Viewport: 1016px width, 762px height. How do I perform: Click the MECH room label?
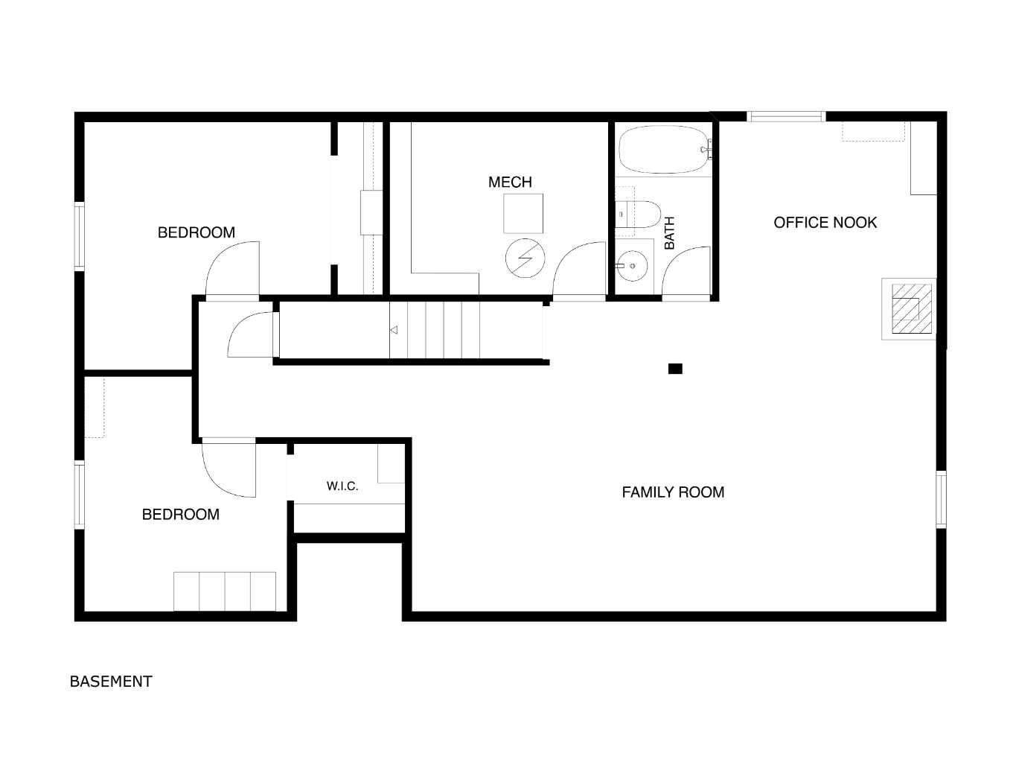point(510,182)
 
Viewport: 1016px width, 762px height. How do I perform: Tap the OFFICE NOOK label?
point(825,223)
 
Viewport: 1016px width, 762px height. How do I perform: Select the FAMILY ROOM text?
point(673,492)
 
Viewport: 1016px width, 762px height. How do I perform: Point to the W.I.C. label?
point(342,486)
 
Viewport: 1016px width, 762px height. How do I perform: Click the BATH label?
point(669,233)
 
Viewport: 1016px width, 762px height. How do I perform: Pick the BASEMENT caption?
point(111,682)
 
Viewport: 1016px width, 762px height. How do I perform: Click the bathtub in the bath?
point(664,150)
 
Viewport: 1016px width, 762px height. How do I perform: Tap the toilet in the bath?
point(637,215)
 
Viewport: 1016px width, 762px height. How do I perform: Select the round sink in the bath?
point(632,266)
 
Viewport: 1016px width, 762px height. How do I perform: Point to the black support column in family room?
point(675,369)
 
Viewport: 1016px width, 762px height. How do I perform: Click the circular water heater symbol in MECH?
point(525,258)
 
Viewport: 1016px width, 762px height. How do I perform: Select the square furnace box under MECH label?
point(523,214)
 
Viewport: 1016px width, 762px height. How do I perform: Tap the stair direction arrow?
point(394,330)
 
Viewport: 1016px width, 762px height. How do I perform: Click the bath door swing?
point(680,263)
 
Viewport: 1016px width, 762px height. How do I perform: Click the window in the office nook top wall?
point(786,116)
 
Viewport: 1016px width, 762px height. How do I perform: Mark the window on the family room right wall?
point(941,499)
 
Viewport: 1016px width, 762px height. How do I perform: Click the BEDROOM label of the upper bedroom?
point(197,232)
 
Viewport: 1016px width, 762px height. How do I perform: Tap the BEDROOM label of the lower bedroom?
point(181,514)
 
